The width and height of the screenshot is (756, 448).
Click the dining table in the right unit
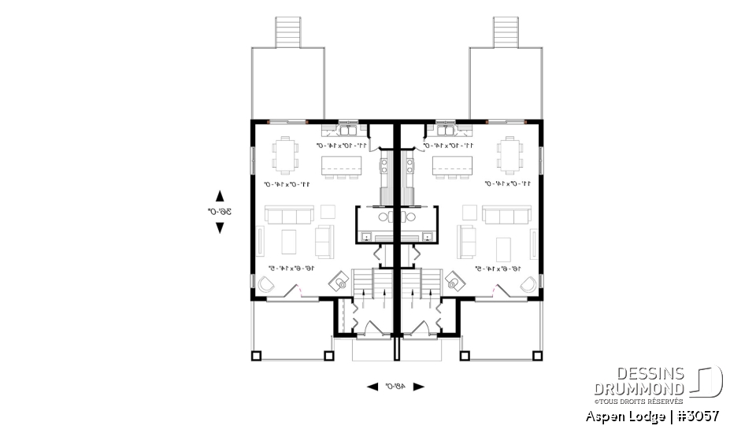510,154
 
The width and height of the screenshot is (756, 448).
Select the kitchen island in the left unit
341,166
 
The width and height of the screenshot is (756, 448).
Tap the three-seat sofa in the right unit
506,215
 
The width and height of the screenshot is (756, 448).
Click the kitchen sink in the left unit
347,128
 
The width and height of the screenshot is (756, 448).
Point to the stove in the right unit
409,166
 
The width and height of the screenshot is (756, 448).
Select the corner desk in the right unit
454,281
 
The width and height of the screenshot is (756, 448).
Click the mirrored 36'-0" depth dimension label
214,211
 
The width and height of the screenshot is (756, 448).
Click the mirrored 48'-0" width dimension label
395,387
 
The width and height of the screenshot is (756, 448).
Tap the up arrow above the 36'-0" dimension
220,195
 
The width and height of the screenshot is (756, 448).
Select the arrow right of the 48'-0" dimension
419,387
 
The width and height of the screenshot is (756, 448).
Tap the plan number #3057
698,416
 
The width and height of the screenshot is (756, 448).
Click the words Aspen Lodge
621,416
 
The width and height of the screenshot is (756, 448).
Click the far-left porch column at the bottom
256,355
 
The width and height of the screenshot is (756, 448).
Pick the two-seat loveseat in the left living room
324,240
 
